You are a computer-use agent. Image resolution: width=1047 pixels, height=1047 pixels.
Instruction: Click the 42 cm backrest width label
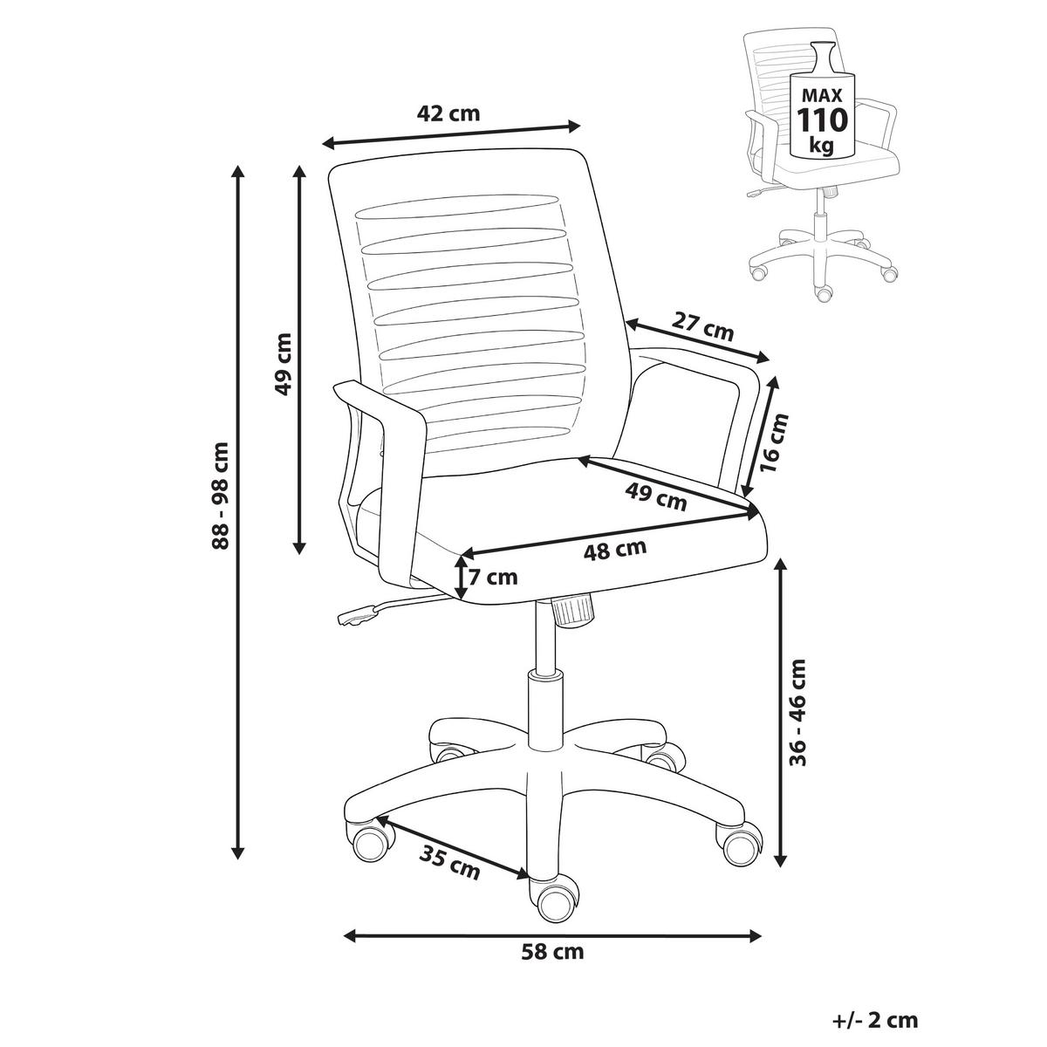click(x=448, y=113)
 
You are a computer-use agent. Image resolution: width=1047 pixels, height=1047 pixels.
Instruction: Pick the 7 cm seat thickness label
click(x=493, y=577)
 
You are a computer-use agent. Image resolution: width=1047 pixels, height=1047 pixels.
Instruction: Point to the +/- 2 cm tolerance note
click(x=875, y=1019)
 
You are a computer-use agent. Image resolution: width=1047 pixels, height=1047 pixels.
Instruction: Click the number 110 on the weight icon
click(x=822, y=120)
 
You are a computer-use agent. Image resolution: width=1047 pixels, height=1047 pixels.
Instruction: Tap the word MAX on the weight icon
click(x=822, y=96)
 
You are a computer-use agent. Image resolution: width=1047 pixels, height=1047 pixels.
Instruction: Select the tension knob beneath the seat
click(x=571, y=611)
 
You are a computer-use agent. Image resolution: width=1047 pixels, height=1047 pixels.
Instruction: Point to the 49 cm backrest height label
click(x=283, y=364)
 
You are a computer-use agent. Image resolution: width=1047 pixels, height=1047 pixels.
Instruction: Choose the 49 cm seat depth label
click(x=656, y=496)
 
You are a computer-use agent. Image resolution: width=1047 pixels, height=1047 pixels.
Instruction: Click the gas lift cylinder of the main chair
click(x=545, y=707)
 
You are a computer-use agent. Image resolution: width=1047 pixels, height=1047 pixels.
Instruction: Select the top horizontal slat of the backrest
click(x=457, y=207)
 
